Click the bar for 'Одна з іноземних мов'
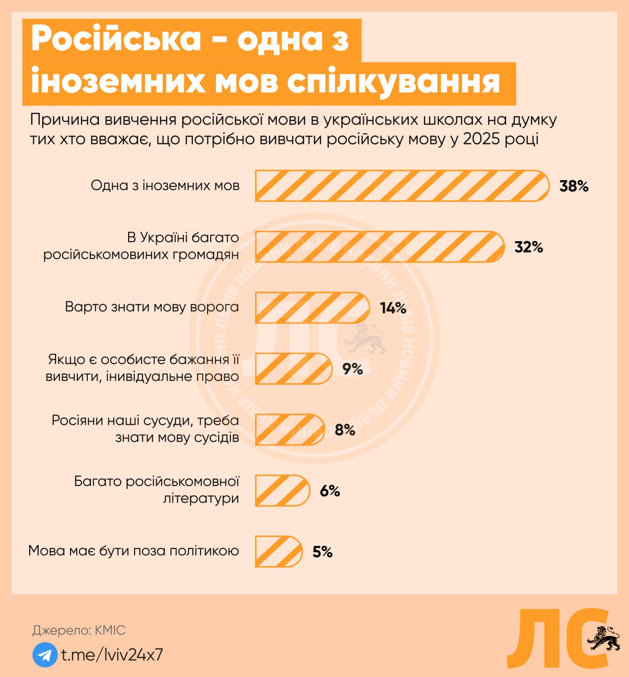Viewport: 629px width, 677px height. coord(402,186)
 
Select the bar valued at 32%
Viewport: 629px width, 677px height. coord(380,247)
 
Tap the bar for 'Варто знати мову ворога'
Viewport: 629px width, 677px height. coord(312,308)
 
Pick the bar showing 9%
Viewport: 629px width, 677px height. coord(293,369)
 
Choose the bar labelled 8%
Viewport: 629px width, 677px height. coord(290,429)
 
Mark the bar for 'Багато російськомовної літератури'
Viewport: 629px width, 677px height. coord(282,491)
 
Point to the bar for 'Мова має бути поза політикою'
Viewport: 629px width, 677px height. coord(278,552)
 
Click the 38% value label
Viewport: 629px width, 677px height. coord(574,186)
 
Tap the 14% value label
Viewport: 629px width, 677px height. coord(393,308)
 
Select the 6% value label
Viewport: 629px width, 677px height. coord(329,491)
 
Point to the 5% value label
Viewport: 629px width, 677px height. coord(322,552)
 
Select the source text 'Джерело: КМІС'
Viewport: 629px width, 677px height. coord(79,630)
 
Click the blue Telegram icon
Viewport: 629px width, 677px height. coord(45,655)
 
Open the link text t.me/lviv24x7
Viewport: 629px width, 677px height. coord(112,655)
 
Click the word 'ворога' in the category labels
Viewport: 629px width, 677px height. coord(215,307)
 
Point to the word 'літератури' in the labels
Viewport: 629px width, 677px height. coord(201,498)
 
